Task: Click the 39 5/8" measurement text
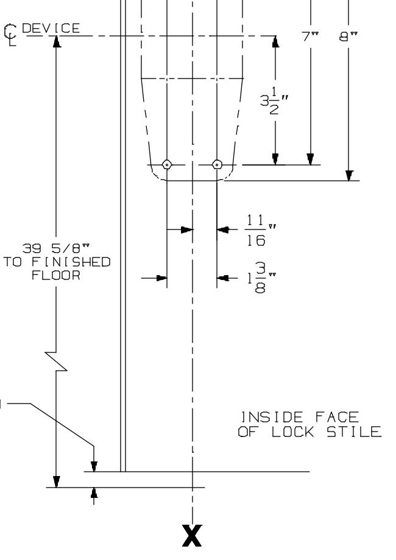56,248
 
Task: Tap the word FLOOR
56,275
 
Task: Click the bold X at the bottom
192,536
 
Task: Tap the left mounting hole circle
167,164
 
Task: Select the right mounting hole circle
217,164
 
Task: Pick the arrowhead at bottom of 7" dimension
311,159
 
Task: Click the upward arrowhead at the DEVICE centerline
56,41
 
